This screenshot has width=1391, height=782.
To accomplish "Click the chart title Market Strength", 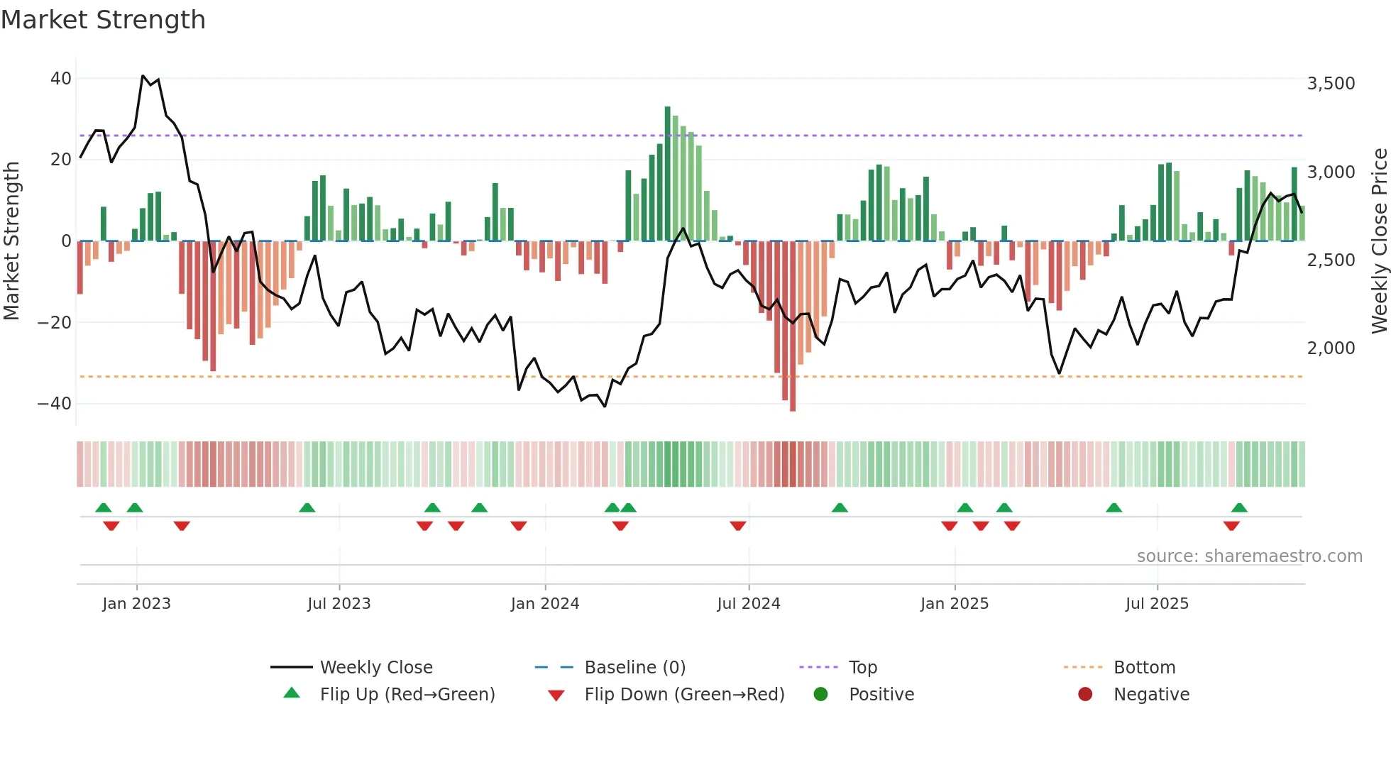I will tap(103, 20).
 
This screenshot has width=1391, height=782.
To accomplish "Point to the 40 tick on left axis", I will tap(60, 79).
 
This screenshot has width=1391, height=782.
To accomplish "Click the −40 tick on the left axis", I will tap(55, 404).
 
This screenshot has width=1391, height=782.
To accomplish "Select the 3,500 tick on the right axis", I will tap(1331, 84).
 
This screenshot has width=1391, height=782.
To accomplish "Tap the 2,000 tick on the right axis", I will tap(1331, 348).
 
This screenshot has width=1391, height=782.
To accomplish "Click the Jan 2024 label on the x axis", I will tap(544, 604).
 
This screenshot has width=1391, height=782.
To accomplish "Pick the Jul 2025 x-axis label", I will tap(1156, 604).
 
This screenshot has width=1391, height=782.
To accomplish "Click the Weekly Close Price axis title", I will tap(1379, 241).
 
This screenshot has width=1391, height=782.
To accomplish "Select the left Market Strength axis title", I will tap(12, 241).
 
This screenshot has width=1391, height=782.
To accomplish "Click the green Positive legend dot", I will tap(820, 695).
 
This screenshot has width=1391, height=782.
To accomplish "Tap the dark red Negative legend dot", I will tap(1085, 695).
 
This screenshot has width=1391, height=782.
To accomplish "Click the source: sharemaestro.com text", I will tap(1249, 556).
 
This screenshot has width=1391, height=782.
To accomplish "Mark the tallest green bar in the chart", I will tap(667, 174).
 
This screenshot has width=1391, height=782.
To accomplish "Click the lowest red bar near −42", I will tap(793, 326).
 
